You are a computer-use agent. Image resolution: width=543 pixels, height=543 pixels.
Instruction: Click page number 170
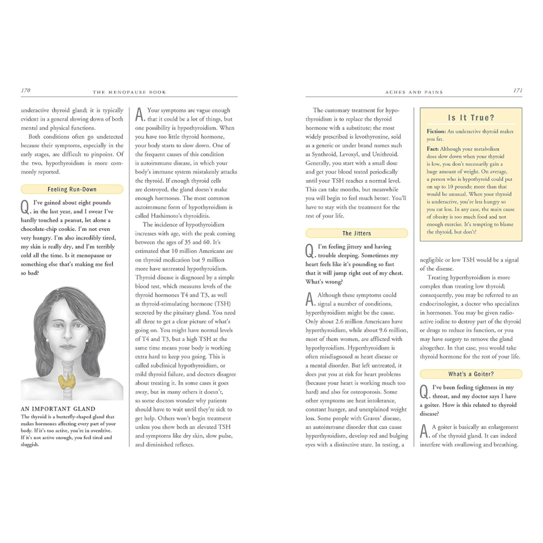coord(26,90)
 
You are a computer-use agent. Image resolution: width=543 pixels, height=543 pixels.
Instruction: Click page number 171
coord(517,90)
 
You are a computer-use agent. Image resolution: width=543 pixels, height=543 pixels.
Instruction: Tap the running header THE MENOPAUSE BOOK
coord(129,92)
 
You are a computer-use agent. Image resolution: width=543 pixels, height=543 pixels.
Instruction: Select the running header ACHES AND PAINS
coord(414,92)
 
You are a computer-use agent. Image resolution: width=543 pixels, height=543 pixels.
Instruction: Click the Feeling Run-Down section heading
coord(72,190)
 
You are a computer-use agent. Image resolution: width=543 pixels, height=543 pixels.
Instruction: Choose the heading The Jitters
coord(356,233)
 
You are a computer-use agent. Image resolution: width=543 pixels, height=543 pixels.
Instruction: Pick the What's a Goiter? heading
coord(471,374)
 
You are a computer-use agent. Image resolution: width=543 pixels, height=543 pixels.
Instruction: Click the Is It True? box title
coord(471,118)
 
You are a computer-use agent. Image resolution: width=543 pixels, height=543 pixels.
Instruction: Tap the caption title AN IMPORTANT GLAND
coord(58,409)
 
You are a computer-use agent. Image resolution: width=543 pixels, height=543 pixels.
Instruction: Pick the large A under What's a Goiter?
coord(424,431)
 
